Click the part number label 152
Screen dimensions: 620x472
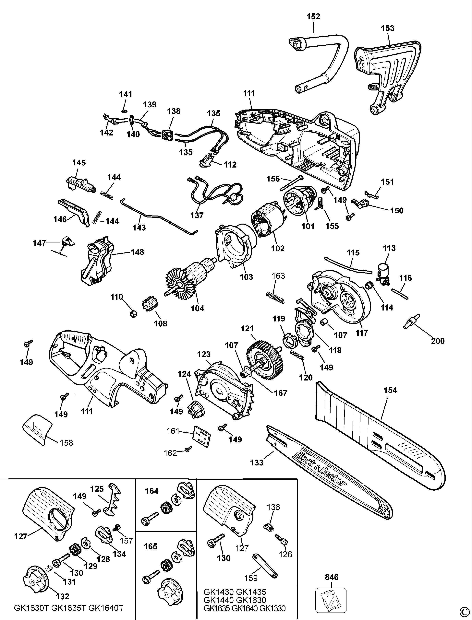click(313, 17)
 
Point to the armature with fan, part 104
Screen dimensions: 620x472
click(191, 278)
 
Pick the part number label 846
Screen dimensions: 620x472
click(332, 577)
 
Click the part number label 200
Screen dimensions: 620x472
click(438, 341)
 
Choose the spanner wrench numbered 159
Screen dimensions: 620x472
click(265, 566)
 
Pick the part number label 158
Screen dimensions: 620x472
click(66, 443)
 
